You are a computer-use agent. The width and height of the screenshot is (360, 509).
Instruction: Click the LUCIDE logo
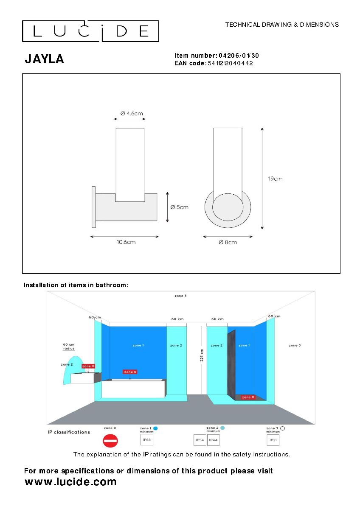(90, 31)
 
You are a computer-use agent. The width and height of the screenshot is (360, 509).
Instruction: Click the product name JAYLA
(44, 59)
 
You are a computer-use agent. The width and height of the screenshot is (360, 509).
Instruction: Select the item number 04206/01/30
(239, 56)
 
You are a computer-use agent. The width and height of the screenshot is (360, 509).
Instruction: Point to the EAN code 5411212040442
(230, 63)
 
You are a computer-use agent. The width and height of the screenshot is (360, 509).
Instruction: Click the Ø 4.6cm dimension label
(132, 113)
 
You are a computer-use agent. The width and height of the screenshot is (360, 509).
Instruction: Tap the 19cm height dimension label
(275, 179)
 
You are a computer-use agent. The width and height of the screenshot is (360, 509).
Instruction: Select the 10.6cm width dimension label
(126, 242)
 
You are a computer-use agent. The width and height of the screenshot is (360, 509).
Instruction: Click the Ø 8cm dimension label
(228, 242)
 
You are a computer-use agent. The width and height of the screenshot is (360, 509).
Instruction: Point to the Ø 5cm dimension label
(179, 207)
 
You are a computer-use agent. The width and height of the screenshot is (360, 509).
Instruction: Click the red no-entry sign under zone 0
(110, 441)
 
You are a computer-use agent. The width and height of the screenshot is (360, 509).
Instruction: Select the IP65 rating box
(147, 440)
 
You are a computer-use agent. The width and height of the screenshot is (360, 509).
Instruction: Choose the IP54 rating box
(200, 440)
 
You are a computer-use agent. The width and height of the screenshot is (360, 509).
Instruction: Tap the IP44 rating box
(213, 440)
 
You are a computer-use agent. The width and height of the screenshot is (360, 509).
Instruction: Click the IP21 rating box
(273, 440)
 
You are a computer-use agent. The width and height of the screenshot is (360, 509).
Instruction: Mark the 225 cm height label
(202, 355)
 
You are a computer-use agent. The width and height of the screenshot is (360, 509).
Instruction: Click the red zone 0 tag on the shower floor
(248, 397)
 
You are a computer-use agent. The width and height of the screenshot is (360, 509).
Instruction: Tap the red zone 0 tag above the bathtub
(130, 372)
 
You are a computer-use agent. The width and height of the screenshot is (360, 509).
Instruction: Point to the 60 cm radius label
(69, 347)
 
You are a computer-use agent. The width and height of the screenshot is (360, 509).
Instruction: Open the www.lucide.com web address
(70, 481)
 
